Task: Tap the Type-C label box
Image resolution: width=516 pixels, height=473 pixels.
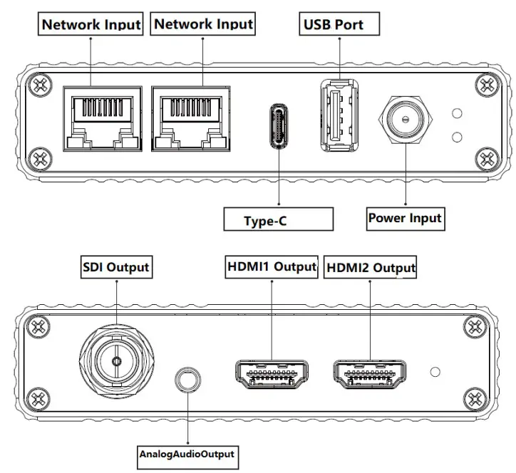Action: pyautogui.click(x=279, y=220)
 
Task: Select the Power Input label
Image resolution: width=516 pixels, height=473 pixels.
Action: pyautogui.click(x=405, y=218)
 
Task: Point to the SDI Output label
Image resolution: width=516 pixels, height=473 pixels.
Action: pyautogui.click(x=115, y=267)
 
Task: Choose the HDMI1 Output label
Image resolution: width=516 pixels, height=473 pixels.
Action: pyautogui.click(x=271, y=267)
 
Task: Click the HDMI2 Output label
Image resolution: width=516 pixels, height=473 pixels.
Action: pyautogui.click(x=370, y=268)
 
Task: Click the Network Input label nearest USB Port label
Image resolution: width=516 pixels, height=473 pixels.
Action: pyautogui.click(x=204, y=24)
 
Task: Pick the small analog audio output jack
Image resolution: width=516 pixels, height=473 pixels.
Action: pyautogui.click(x=187, y=378)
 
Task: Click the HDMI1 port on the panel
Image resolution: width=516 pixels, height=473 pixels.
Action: pyautogui.click(x=271, y=373)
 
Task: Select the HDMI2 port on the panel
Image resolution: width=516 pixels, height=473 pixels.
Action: pyautogui.click(x=369, y=373)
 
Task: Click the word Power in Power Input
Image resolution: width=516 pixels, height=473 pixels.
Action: pyautogui.click(x=387, y=218)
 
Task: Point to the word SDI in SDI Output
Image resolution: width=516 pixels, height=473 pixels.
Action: pyautogui.click(x=95, y=267)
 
